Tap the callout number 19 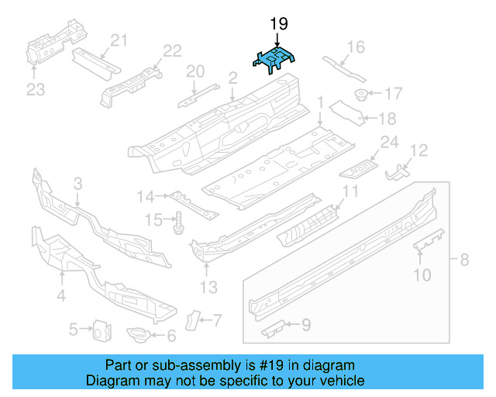coord(278,25)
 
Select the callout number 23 coord(36,90)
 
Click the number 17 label coord(393,95)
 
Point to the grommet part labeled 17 coord(360,95)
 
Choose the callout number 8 coord(464,261)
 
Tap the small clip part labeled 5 coord(100,330)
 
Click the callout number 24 coord(389,142)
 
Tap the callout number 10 coord(422,273)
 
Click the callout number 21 coord(118,41)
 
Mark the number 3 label coord(77,184)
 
